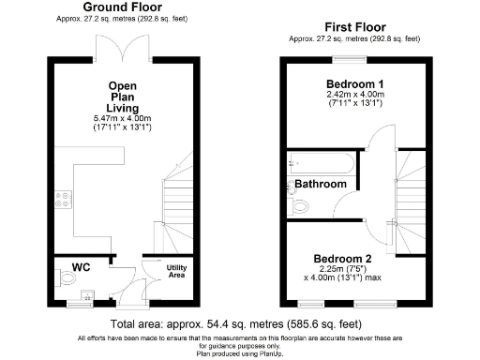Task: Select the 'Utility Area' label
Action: [x=177, y=272]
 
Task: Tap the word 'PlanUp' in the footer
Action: [x=270, y=352]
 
